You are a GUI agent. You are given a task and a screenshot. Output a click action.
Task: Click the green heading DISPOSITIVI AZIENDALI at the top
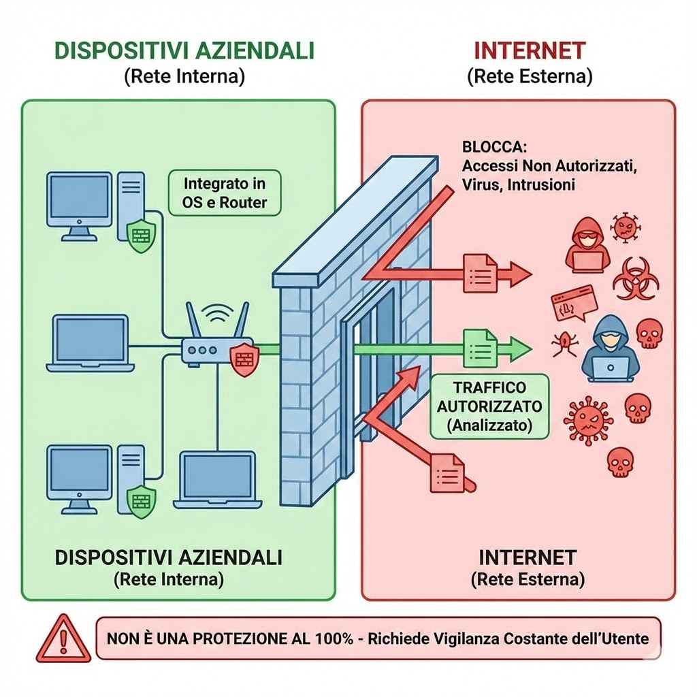point(184,52)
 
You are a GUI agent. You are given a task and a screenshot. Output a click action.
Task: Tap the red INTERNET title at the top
point(530,51)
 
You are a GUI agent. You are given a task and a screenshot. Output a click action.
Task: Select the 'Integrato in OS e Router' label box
point(224,193)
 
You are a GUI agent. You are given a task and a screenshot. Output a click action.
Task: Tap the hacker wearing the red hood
point(586,242)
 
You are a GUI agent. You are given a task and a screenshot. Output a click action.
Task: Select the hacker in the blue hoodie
point(610,348)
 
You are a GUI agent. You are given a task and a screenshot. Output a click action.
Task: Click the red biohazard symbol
point(634,279)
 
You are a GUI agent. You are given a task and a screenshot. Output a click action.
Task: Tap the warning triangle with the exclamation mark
point(63,638)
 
